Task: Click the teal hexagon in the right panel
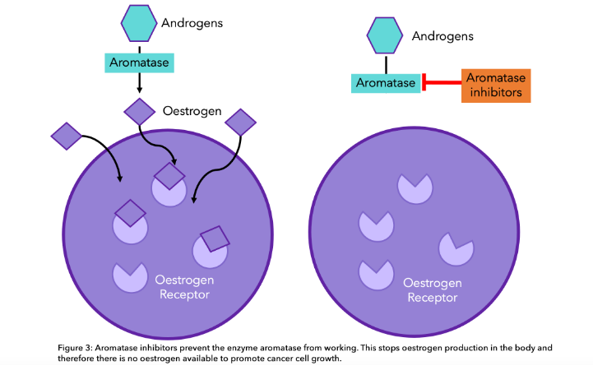tap(385, 37)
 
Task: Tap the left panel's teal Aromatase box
tap(139, 62)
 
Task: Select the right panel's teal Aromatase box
tap(386, 82)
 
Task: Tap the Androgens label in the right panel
tap(442, 36)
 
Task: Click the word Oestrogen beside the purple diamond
tap(192, 110)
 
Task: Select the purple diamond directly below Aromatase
tap(140, 111)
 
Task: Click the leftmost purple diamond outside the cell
tap(66, 135)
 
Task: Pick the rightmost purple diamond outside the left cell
tap(241, 123)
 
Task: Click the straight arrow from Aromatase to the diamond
tap(140, 82)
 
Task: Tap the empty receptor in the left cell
tap(129, 276)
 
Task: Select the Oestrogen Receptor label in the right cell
tap(433, 290)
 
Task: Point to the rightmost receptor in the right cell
tap(456, 248)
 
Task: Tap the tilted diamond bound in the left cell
tap(215, 238)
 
